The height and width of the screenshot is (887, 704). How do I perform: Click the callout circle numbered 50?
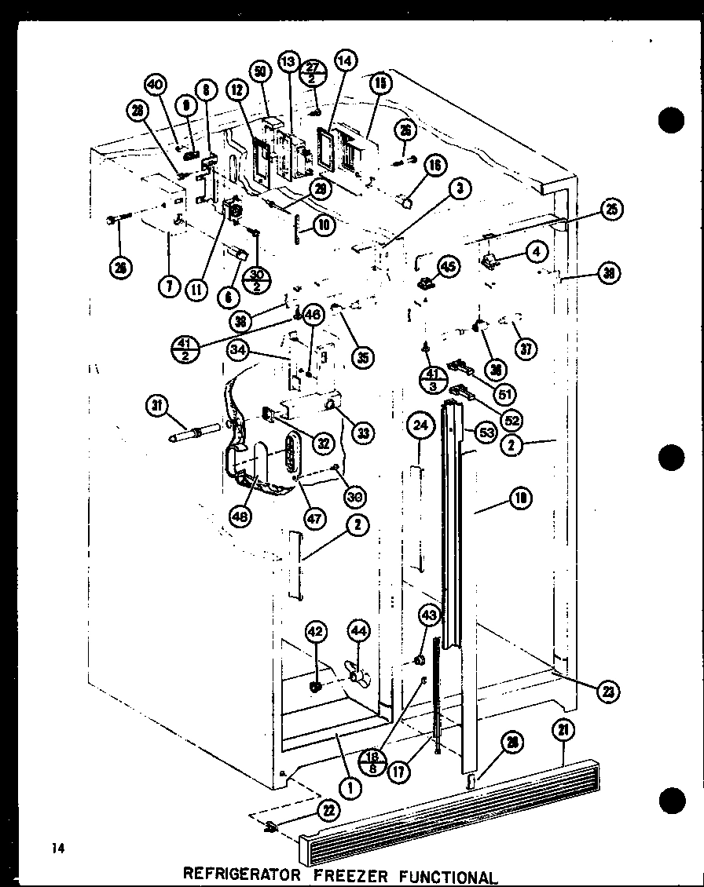(x=261, y=71)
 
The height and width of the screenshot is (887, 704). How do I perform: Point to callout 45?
(x=447, y=267)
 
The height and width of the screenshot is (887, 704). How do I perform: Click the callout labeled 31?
(x=157, y=405)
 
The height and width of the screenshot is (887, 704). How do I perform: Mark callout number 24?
(x=420, y=428)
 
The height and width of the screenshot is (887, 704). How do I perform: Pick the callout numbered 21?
(x=563, y=731)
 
